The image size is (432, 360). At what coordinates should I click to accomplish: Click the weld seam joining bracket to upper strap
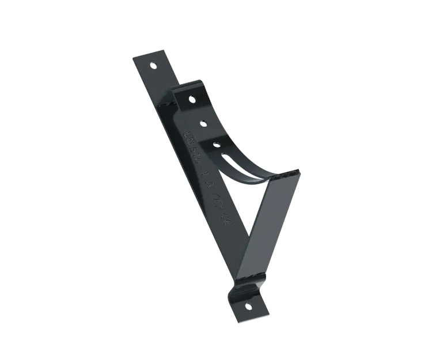[x=168, y=104]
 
